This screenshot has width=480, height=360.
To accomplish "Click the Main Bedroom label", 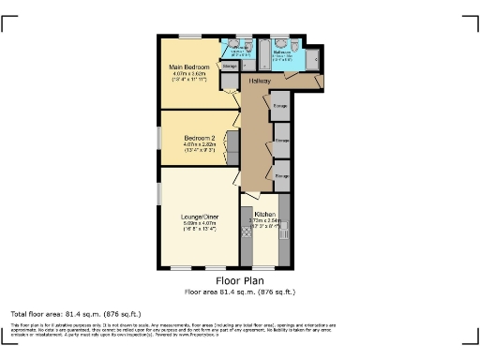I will pyautogui.click(x=188, y=67).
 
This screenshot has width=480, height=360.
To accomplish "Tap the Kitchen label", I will pyautogui.click(x=263, y=214).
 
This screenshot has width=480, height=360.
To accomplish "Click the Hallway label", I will pyautogui.click(x=260, y=82).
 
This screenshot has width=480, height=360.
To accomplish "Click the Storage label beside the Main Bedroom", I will pyautogui.click(x=229, y=67).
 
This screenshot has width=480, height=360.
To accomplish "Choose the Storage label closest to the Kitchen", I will pyautogui.click(x=280, y=174).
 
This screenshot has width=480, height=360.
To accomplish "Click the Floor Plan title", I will pyautogui.click(x=240, y=280).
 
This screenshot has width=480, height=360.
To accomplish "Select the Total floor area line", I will pyautogui.click(x=76, y=313).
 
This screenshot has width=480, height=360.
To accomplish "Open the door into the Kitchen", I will pyautogui.click(x=251, y=198).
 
